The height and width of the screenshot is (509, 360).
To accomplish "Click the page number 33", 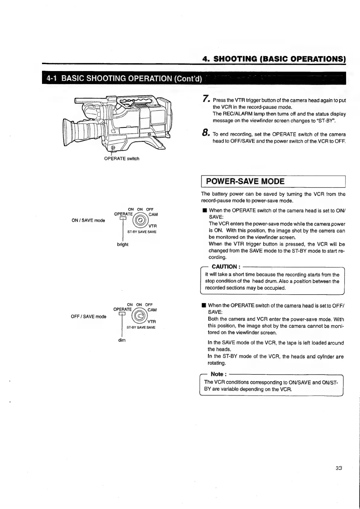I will click(338, 468).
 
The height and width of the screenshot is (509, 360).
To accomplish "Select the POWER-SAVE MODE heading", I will click(245, 181).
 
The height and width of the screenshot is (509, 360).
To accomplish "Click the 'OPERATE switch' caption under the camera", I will click(122, 158).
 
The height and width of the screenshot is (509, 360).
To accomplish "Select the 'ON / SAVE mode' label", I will click(88, 220).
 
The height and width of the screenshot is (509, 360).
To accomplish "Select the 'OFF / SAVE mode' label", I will click(88, 317).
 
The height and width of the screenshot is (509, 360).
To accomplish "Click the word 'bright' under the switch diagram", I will click(122, 244).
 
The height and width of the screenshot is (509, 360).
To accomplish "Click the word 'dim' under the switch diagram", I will click(122, 340).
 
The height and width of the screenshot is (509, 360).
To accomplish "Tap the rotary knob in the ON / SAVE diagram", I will click(141, 220).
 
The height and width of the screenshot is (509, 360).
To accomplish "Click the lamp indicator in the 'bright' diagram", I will click(122, 219).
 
